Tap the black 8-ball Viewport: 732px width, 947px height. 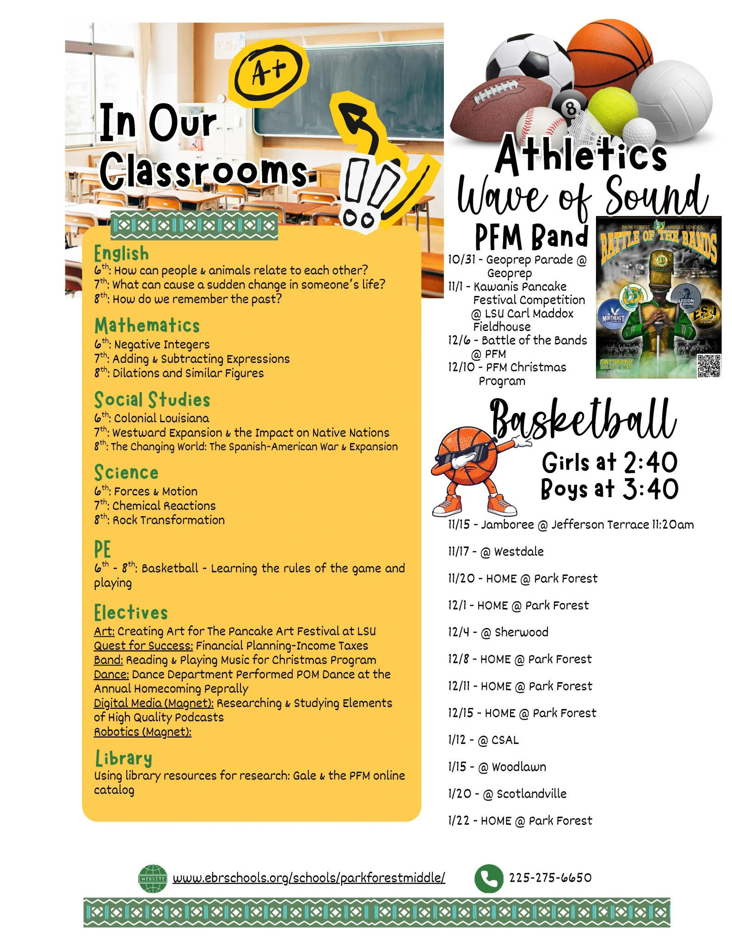pyautogui.click(x=572, y=107)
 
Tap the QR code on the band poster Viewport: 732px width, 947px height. pyautogui.click(x=708, y=366)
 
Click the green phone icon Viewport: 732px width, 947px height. pyautogui.click(x=488, y=878)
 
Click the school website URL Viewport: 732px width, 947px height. pyautogui.click(x=309, y=878)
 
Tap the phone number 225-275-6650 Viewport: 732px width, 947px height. pyautogui.click(x=550, y=878)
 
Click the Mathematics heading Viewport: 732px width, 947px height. pyautogui.click(x=147, y=326)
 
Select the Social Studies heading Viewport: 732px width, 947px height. pyautogui.click(x=152, y=400)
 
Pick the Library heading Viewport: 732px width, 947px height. pyautogui.click(x=123, y=759)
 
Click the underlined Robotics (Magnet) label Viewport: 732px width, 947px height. pyautogui.click(x=142, y=732)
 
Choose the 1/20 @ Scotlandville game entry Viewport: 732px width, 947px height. pyautogui.click(x=507, y=794)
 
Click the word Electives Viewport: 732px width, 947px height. pyautogui.click(x=131, y=613)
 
